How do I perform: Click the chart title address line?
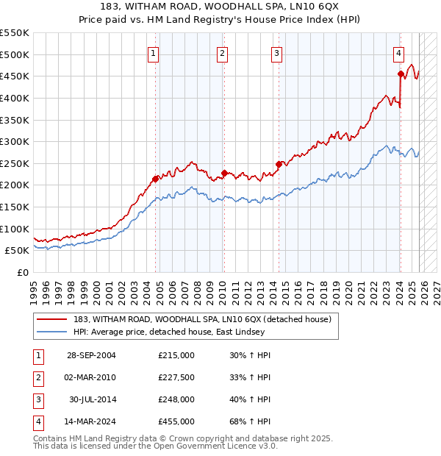[220, 6]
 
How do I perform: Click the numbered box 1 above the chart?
[154, 52]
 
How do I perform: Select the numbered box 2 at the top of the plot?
[222, 52]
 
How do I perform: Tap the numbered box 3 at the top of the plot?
[276, 52]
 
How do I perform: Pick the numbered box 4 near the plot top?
[398, 52]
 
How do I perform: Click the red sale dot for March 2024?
[401, 74]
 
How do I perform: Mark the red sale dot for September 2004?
[155, 178]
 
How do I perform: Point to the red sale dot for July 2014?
[279, 164]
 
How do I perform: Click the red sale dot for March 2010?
[223, 173]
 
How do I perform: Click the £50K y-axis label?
[18, 250]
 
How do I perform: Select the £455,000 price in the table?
[176, 421]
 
